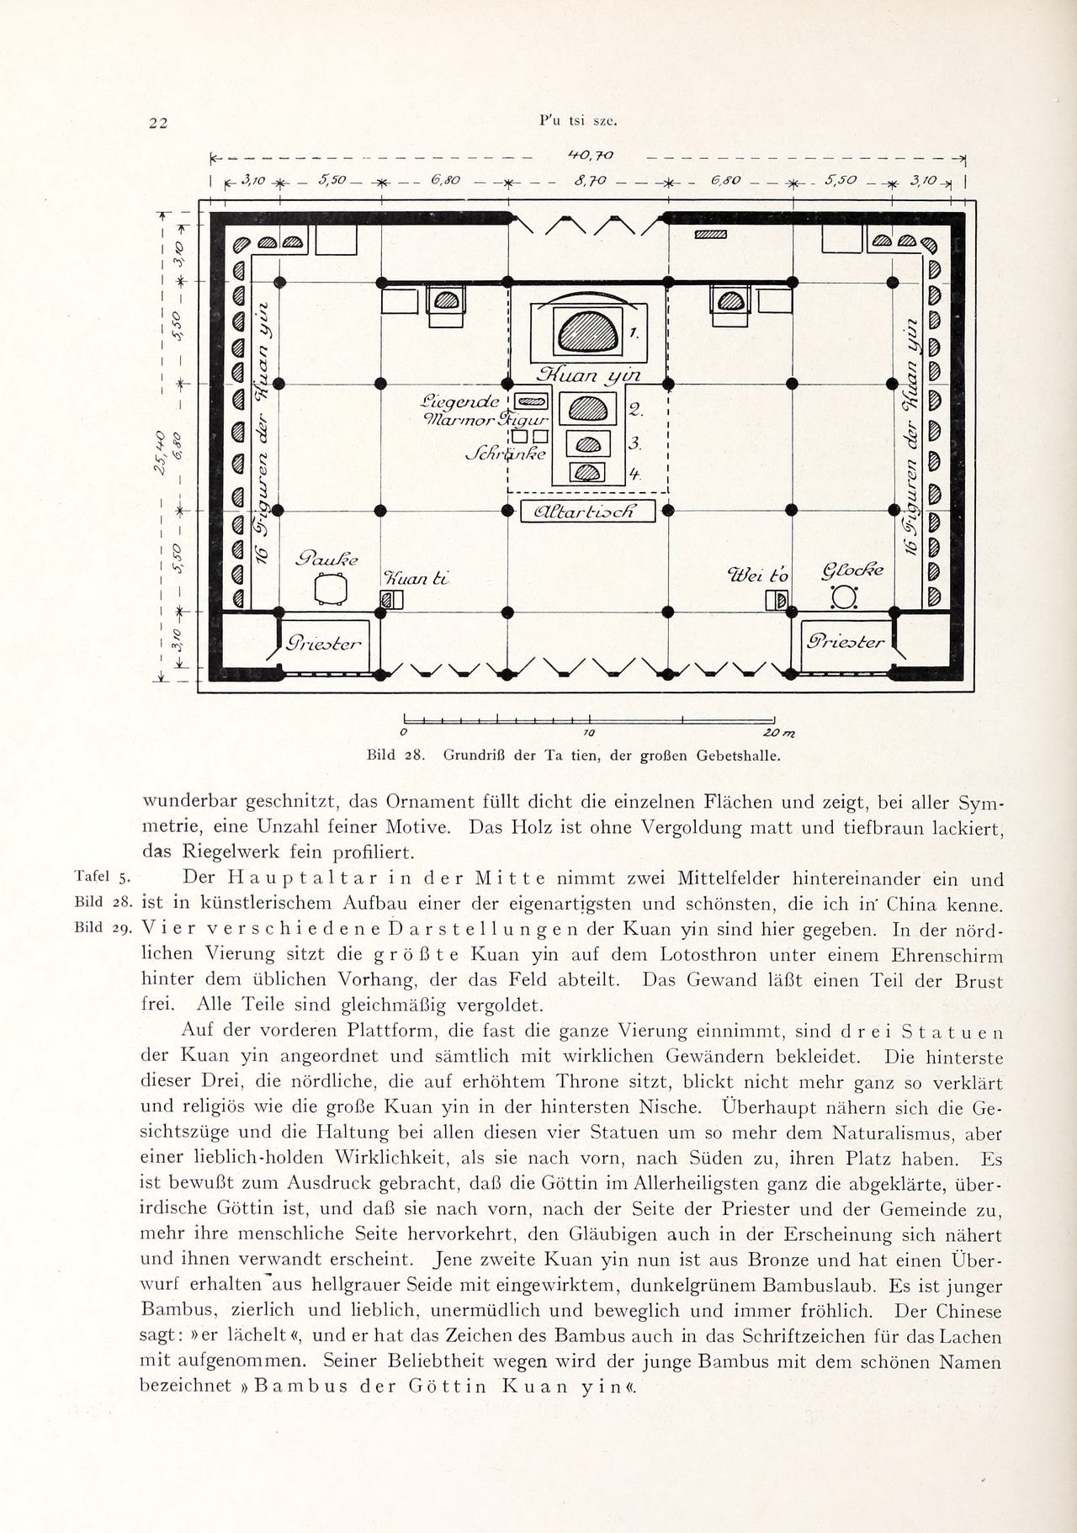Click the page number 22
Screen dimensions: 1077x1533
[158, 123]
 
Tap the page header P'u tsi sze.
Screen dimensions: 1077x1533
[578, 120]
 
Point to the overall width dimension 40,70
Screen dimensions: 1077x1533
[591, 155]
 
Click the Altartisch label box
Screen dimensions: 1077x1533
[588, 511]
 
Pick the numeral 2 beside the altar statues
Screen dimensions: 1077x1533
[636, 411]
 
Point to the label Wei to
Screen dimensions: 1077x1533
[757, 575]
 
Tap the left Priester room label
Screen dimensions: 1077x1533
[324, 644]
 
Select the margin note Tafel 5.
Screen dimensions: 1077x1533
[100, 878]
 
